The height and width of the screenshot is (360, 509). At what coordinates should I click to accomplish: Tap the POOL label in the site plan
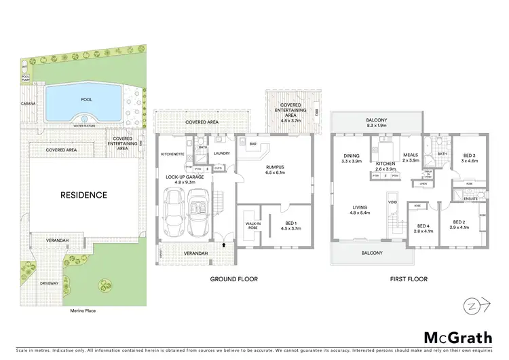pos(86,98)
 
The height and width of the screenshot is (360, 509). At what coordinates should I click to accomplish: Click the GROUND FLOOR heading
pos(234,279)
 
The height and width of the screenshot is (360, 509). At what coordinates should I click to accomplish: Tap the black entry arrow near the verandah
pos(223,238)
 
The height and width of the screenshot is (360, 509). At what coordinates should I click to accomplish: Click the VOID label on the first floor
pos(392,202)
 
